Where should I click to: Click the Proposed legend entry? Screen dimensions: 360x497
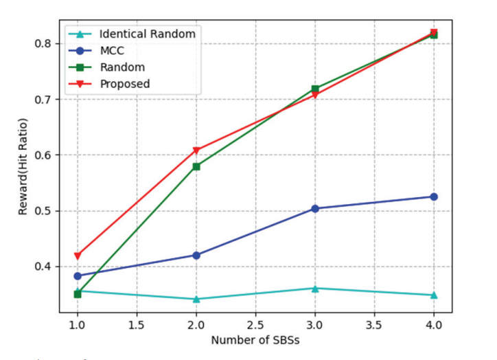pyautogui.click(x=124, y=84)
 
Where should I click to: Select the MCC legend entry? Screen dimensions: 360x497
pyautogui.click(x=111, y=50)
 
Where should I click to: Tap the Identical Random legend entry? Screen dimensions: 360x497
pyautogui.click(x=147, y=33)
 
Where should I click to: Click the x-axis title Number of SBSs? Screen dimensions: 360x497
pyautogui.click(x=255, y=340)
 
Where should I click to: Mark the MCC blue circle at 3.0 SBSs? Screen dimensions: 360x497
pyautogui.click(x=315, y=208)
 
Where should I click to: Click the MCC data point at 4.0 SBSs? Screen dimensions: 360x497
pyautogui.click(x=433, y=196)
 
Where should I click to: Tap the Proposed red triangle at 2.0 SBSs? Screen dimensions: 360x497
pyautogui.click(x=196, y=150)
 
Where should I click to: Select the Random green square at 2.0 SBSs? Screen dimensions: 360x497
pyautogui.click(x=196, y=166)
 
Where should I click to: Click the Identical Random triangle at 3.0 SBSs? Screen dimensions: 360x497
pyautogui.click(x=315, y=288)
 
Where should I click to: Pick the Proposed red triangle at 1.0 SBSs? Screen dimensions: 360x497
pyautogui.click(x=78, y=256)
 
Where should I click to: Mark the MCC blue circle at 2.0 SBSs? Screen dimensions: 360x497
pyautogui.click(x=196, y=255)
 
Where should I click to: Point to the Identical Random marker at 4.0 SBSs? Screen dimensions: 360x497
pyautogui.click(x=433, y=295)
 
